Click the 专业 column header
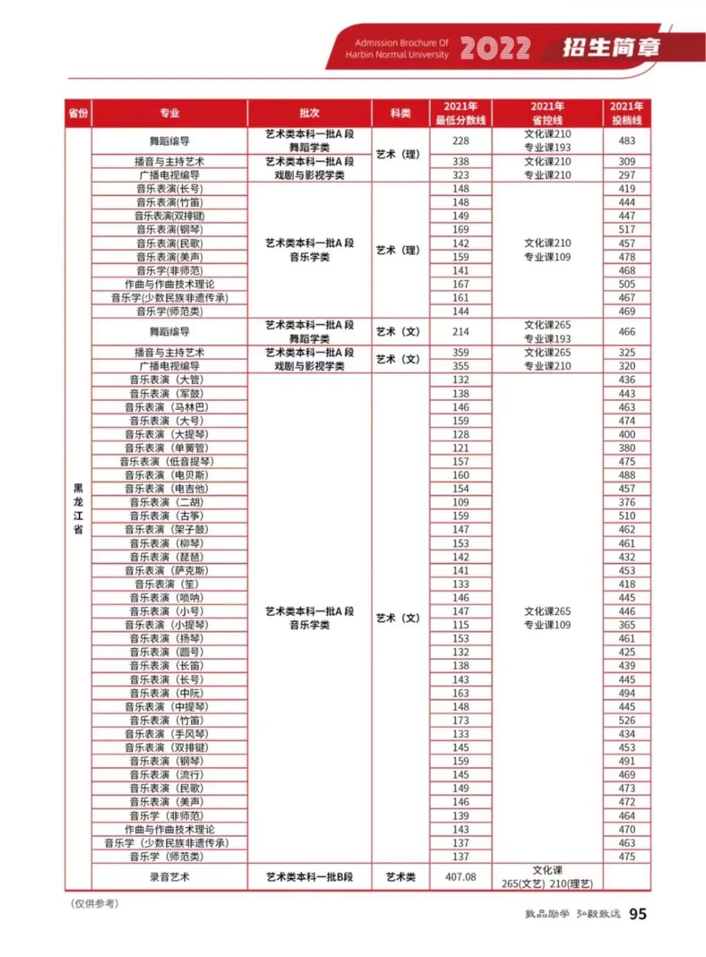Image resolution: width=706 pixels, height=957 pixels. [169, 113]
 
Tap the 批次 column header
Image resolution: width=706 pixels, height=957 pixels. [309, 113]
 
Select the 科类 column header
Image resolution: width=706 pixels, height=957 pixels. [400, 113]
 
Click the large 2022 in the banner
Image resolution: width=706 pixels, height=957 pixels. [495, 48]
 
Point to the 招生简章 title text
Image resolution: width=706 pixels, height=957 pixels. [610, 47]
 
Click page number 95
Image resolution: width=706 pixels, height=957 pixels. [637, 913]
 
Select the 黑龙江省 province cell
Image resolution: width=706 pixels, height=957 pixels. [78, 508]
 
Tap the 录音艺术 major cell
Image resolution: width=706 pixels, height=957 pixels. [169, 877]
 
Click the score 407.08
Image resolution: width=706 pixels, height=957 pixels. [460, 877]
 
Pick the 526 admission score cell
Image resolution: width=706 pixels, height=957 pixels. [626, 721]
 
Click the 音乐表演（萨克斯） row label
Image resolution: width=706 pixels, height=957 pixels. [166, 570]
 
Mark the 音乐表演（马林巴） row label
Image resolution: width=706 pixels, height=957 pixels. [166, 407]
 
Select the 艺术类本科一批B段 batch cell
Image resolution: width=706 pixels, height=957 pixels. [309, 877]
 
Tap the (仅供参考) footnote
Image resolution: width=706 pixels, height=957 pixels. [94, 903]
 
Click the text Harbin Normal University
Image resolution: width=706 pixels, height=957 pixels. [397, 55]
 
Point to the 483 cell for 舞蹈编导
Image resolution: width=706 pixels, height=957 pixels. [626, 141]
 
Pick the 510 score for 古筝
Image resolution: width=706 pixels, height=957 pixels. [626, 516]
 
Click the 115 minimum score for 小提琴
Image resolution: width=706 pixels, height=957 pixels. [460, 625]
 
